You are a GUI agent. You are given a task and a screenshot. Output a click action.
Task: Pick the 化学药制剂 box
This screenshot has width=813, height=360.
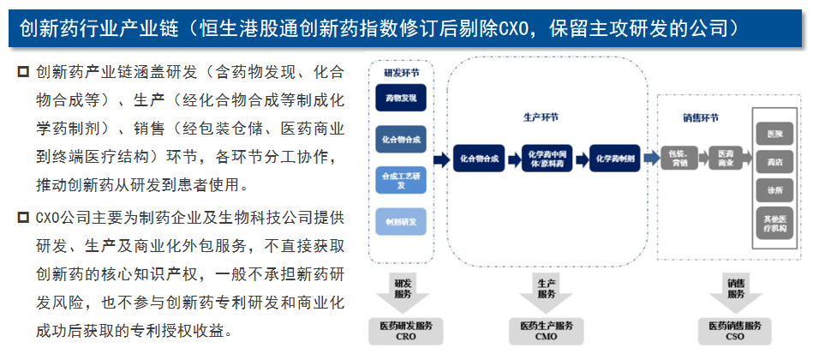point(614,159)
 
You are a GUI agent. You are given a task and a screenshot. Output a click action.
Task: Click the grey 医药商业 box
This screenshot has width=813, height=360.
point(726,159)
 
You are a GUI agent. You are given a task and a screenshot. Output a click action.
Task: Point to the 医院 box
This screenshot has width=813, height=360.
point(775,134)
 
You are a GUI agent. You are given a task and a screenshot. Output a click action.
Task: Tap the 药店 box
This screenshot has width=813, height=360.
point(775,160)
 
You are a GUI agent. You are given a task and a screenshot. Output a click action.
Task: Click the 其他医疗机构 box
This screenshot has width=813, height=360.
point(775,221)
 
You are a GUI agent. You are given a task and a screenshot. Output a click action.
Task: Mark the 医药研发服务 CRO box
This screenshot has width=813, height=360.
point(405,331)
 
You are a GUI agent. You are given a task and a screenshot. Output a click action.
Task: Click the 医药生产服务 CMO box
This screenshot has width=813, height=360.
point(547,331)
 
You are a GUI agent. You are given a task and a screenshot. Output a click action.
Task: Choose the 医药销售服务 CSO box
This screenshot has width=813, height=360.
point(735,331)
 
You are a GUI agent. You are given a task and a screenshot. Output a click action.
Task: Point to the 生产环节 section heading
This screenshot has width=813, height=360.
point(541,116)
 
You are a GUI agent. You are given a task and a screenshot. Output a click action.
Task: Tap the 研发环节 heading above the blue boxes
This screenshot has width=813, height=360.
point(401,74)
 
